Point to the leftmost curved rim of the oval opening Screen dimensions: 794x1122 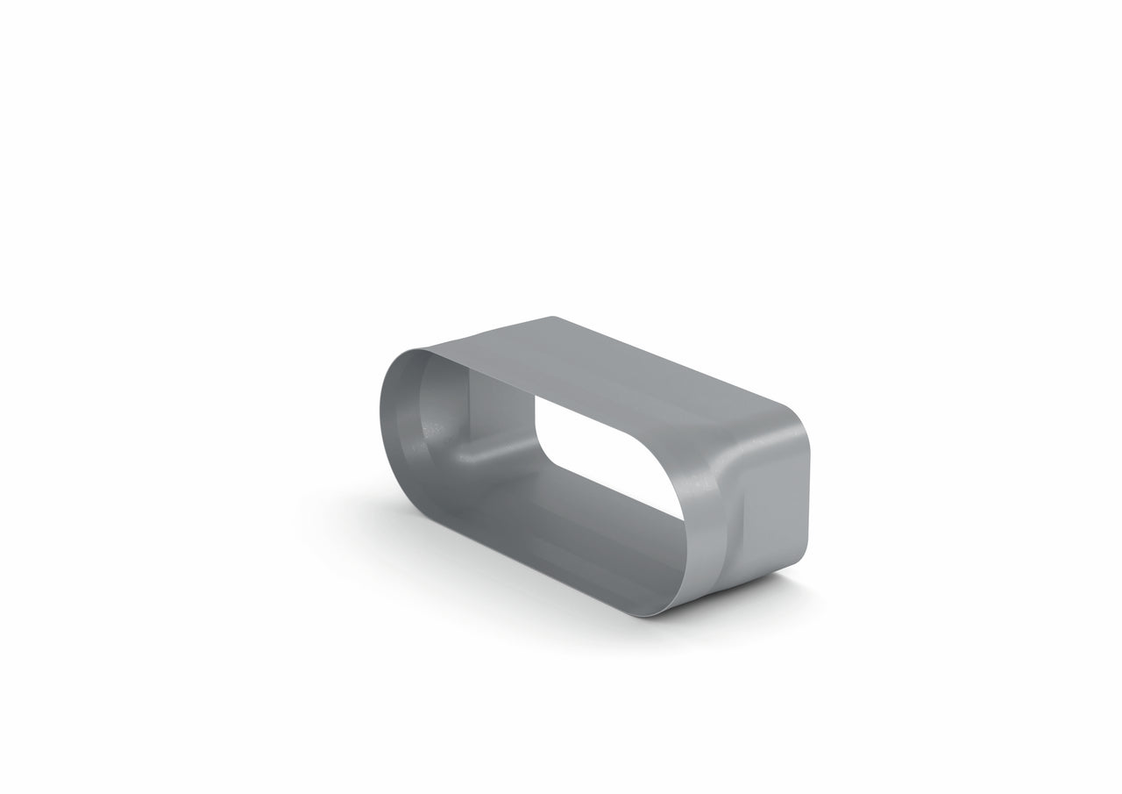pos(383,421)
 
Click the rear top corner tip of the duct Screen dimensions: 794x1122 pos(551,317)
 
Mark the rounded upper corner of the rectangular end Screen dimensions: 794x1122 pos(794,416)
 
